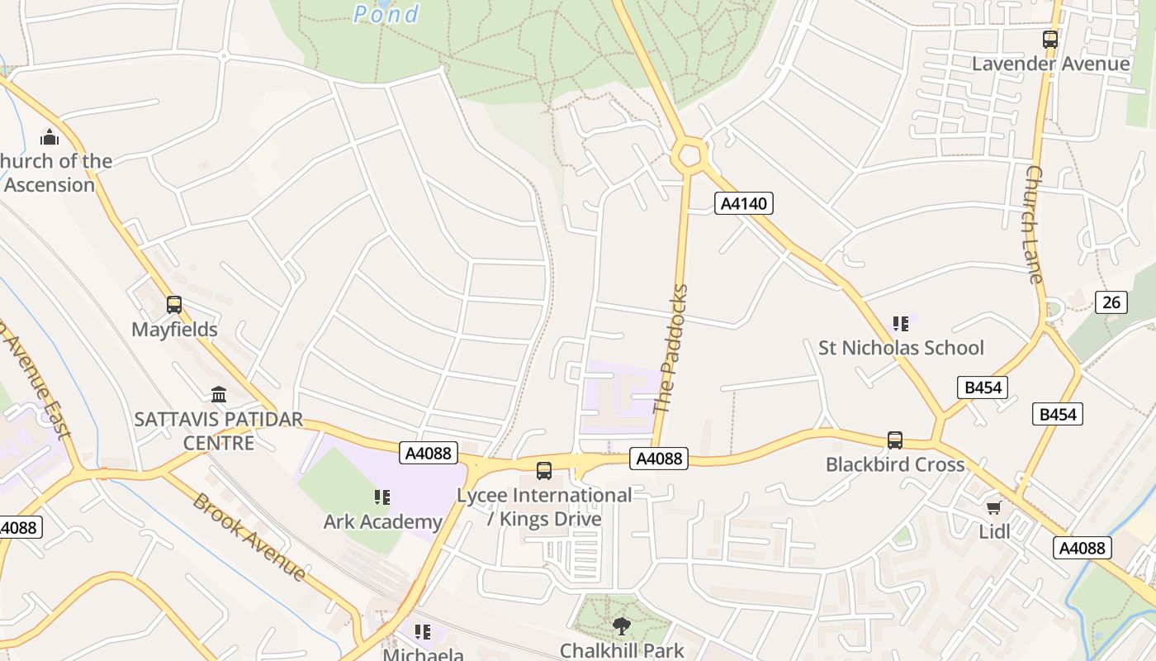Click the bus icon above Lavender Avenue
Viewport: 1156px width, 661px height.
pos(1049,39)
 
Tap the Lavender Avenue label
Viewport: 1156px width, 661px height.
pos(1050,64)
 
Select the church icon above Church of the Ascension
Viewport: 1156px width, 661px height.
pos(50,136)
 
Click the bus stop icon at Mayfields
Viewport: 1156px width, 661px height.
pos(173,305)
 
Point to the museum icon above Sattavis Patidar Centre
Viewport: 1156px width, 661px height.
pos(218,394)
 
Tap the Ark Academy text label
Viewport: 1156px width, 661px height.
pos(382,521)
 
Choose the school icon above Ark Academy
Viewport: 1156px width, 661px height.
pos(381,497)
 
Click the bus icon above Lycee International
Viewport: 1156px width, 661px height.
pos(543,470)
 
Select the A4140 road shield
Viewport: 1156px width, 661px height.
pos(743,203)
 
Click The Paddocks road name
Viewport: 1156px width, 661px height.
pos(670,349)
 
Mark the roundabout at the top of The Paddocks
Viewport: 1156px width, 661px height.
pos(689,155)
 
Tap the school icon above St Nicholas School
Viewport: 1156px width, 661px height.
pos(900,324)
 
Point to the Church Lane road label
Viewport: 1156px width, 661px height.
pos(1035,223)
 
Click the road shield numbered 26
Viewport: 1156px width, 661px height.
pos(1111,302)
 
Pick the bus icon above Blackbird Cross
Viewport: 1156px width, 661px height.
pos(894,440)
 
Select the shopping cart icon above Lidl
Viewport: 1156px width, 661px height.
pos(993,507)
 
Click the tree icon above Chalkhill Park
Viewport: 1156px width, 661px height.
pos(622,626)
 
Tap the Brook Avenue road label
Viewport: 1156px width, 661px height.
pos(249,536)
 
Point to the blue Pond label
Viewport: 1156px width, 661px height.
pos(386,13)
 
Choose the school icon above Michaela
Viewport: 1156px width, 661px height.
pos(423,632)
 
